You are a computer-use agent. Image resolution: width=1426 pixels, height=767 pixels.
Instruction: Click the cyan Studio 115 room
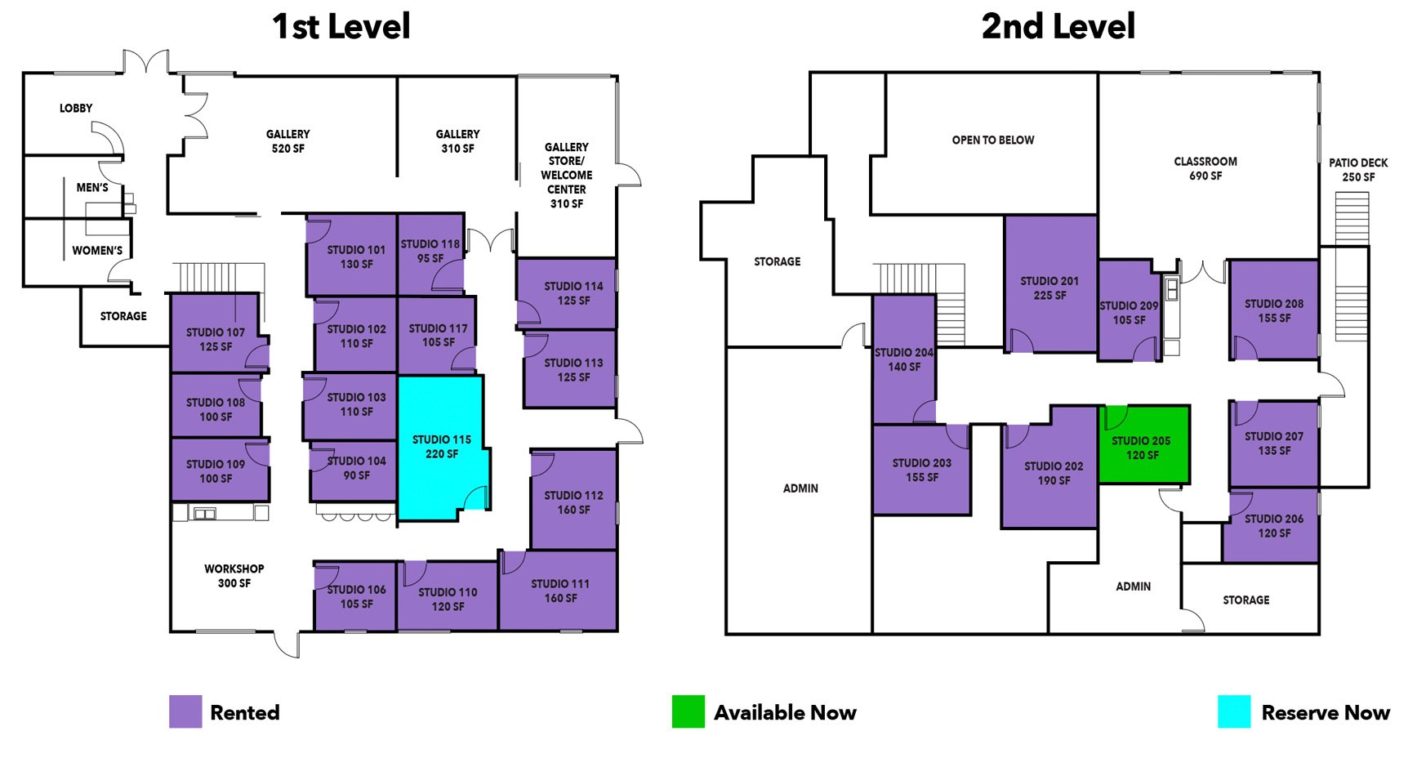441,446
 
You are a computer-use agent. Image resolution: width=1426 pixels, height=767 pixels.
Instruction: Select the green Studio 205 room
1142,448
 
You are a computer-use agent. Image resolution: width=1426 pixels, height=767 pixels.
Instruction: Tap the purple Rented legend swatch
185,711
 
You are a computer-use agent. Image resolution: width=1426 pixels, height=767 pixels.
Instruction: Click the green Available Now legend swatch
688,711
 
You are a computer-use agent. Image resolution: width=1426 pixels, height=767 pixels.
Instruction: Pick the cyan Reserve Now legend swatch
1233,711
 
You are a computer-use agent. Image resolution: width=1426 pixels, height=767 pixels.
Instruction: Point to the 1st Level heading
341,26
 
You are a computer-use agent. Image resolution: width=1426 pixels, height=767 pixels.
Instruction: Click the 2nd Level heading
1058,26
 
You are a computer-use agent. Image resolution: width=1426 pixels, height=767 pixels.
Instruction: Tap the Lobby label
76,108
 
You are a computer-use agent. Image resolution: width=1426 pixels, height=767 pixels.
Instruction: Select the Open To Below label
992,140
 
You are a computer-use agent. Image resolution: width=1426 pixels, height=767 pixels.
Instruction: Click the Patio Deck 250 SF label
1358,170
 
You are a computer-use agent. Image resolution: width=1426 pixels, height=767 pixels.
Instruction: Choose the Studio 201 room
1049,288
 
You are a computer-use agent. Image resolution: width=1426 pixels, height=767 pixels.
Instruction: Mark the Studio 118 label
430,251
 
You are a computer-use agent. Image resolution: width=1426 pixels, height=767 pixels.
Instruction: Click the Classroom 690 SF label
1205,168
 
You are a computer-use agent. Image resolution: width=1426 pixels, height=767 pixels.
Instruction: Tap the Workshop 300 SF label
234,576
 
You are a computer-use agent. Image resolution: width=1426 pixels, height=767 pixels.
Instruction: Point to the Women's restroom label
97,251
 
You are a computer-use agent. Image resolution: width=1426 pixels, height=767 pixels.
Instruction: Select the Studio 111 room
560,591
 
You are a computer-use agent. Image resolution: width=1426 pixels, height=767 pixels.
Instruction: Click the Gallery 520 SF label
288,141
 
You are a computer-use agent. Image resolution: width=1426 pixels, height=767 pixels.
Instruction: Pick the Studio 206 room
1273,526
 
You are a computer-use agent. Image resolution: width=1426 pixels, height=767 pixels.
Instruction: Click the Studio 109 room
216,471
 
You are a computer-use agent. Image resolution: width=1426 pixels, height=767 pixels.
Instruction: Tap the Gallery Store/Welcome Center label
567,175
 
